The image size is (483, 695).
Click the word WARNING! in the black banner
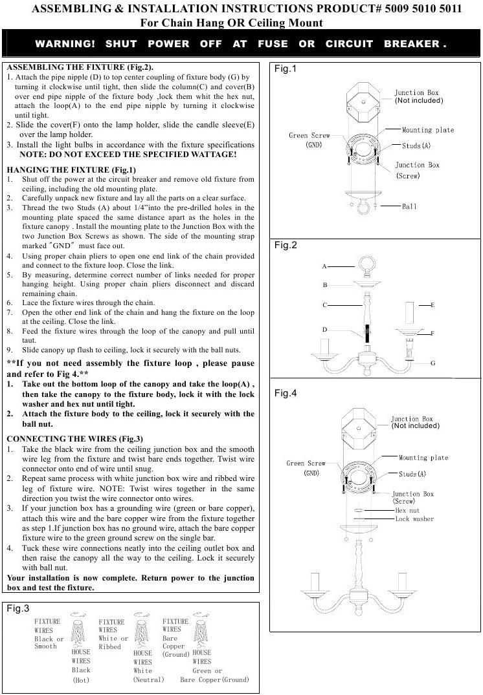pyautogui.click(x=65, y=44)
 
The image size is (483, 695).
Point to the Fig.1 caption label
pyautogui.click(x=285, y=69)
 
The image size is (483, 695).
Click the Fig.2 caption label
pyautogui.click(x=285, y=245)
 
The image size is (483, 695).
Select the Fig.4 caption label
pyautogui.click(x=285, y=393)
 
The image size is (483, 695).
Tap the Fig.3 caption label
pyautogui.click(x=17, y=608)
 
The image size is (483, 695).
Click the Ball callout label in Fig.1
pyautogui.click(x=409, y=206)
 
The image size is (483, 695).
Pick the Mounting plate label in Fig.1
pyautogui.click(x=427, y=130)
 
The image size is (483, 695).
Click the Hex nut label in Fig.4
pyautogui.click(x=407, y=510)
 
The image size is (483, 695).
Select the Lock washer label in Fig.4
pyautogui.click(x=414, y=519)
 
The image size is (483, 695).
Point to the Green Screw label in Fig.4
pyautogui.click(x=306, y=463)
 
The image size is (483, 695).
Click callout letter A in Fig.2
pyautogui.click(x=324, y=266)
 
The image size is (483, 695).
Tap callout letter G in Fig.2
pyautogui.click(x=432, y=363)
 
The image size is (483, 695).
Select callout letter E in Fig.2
pyautogui.click(x=432, y=305)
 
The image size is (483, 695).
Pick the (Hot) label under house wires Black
pyautogui.click(x=81, y=679)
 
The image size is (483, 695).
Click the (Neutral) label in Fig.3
pyautogui.click(x=148, y=679)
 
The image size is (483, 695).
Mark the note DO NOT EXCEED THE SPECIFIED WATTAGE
pyautogui.click(x=128, y=155)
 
